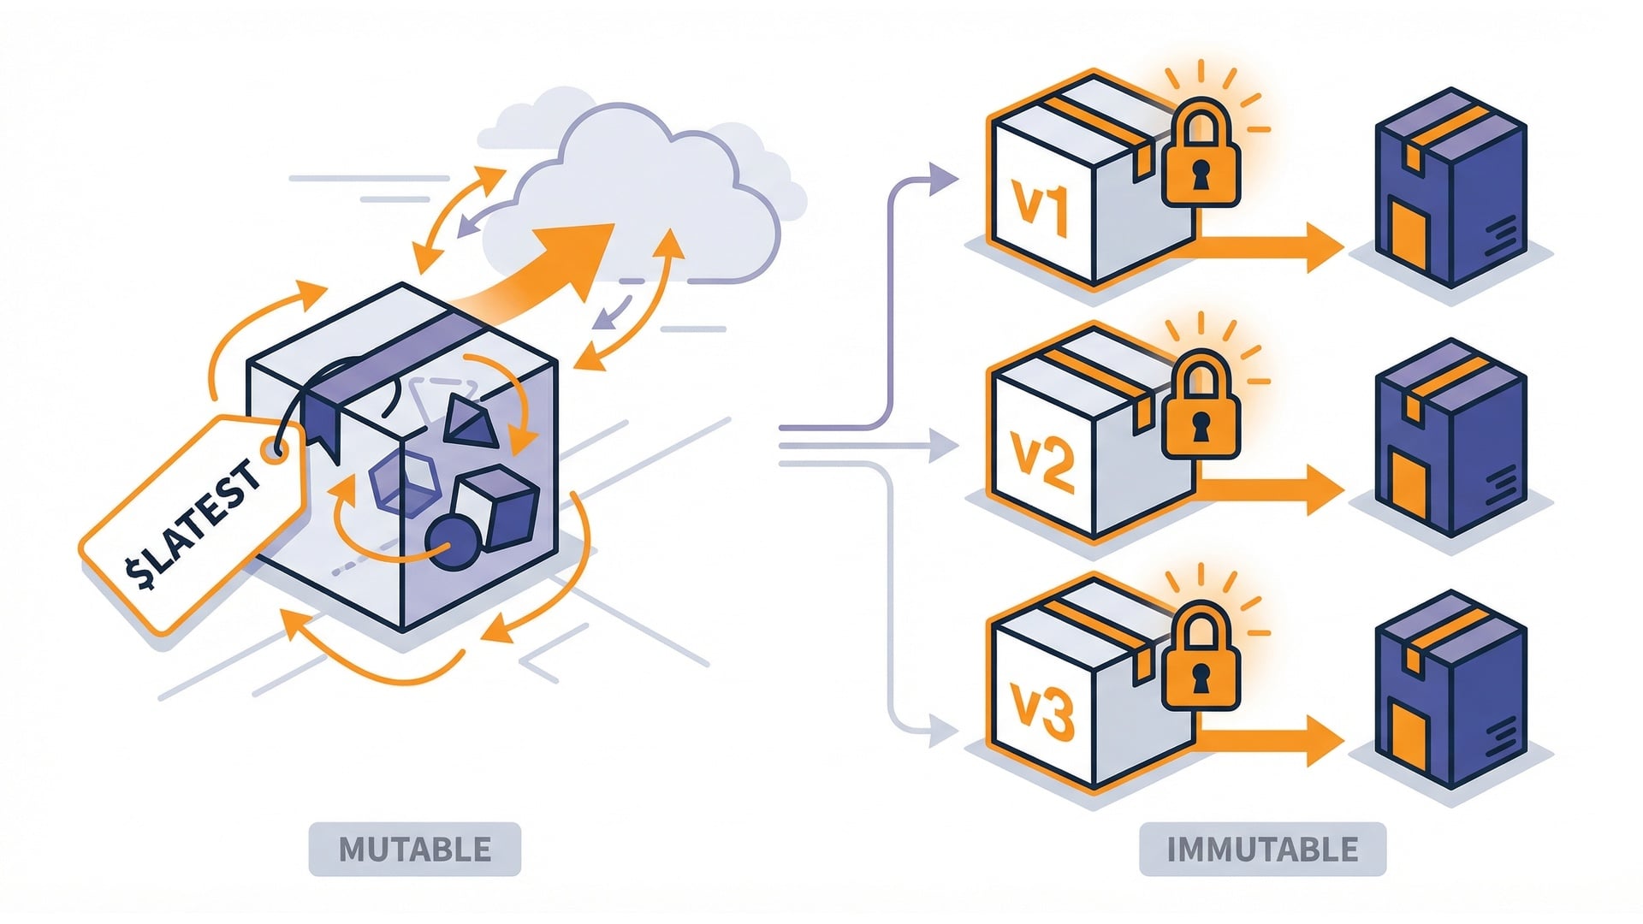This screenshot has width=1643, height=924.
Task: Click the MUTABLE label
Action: [x=415, y=849]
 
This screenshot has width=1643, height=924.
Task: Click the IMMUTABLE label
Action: [x=1262, y=849]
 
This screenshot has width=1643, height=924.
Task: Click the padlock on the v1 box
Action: [x=1201, y=157]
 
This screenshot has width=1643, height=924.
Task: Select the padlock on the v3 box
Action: [x=1201, y=660]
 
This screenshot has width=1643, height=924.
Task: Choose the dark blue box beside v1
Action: [x=1450, y=188]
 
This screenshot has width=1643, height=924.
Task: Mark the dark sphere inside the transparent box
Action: [x=451, y=542]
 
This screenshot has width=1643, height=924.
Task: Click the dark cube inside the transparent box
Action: [x=496, y=510]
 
